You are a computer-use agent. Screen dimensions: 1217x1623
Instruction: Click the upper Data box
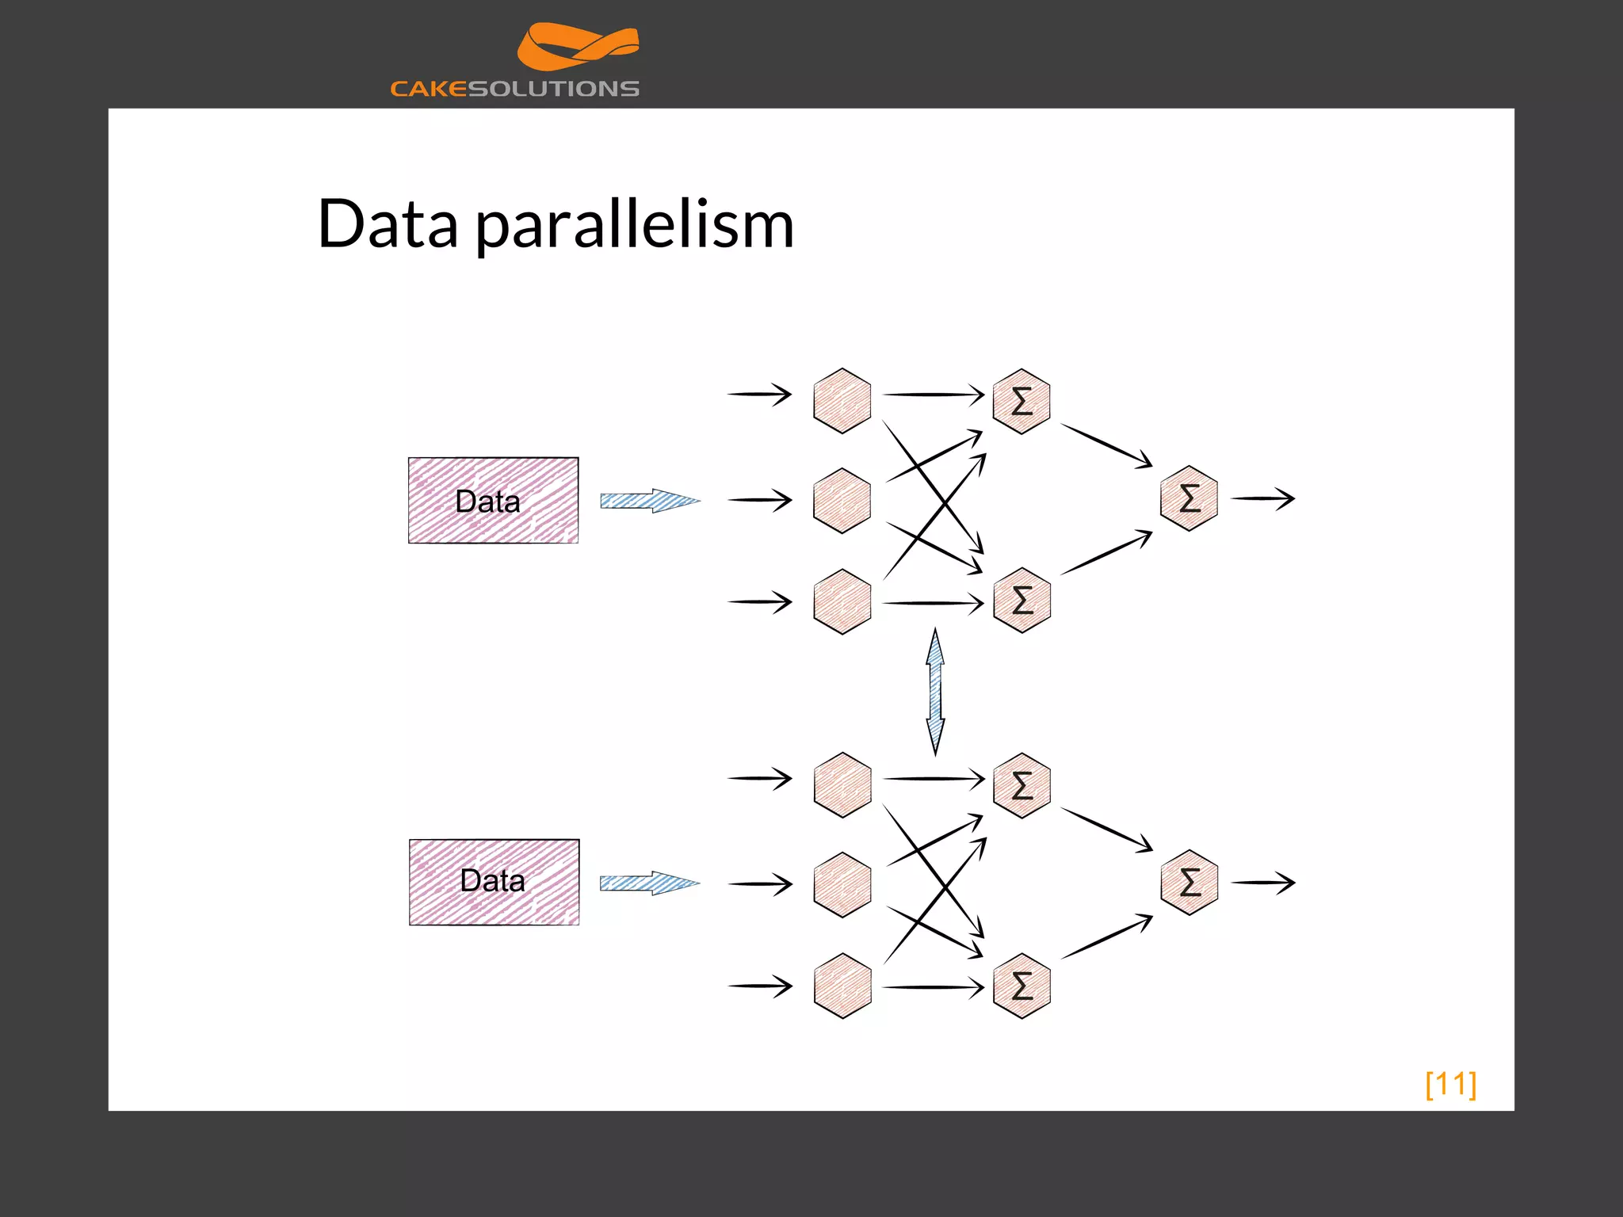[493, 500]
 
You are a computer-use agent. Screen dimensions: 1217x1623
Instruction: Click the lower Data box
[494, 882]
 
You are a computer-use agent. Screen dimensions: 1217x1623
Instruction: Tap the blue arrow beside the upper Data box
[649, 501]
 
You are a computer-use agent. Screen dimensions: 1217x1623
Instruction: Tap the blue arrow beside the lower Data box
[649, 883]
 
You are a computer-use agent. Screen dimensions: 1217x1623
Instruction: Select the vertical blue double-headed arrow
[935, 691]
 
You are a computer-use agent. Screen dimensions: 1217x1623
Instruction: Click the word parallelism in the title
[634, 225]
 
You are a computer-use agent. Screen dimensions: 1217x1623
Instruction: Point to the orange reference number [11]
[1450, 1084]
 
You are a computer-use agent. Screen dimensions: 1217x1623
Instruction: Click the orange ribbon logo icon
[578, 47]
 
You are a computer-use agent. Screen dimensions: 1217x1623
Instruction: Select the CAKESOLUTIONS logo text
[514, 89]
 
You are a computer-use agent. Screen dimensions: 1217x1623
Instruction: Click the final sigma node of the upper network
[1189, 498]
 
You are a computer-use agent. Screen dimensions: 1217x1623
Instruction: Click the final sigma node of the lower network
[1189, 882]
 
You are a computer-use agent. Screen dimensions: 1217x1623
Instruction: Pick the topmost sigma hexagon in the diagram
[1022, 401]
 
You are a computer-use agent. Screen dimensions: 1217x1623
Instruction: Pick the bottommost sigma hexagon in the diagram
[1022, 986]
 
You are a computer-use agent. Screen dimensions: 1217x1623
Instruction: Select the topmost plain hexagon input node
[842, 400]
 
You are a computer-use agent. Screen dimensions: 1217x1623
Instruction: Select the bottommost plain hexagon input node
[842, 986]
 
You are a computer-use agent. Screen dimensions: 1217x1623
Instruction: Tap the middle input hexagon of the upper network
[842, 500]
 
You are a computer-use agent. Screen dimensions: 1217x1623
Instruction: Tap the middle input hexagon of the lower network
[842, 884]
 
